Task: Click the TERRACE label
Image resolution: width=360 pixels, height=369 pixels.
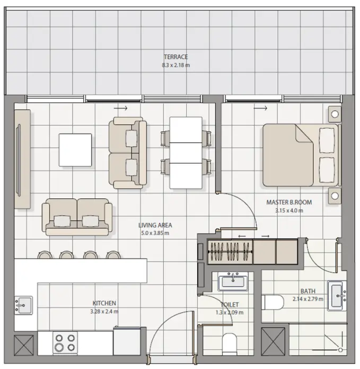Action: [x=175, y=57]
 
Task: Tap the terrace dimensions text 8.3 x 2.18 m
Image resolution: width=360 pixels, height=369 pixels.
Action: [x=175, y=65]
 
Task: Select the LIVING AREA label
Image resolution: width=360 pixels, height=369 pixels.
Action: [x=155, y=225]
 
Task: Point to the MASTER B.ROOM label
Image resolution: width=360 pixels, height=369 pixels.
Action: [x=289, y=203]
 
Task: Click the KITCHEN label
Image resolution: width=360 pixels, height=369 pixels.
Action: [x=104, y=303]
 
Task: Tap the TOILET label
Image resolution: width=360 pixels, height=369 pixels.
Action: [x=230, y=305]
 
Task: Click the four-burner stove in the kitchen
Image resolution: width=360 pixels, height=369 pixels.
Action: [x=65, y=342]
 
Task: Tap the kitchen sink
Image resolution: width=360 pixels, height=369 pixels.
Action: [x=23, y=305]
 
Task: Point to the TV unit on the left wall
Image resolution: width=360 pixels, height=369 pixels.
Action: [x=22, y=159]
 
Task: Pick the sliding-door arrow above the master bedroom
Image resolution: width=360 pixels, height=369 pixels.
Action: [x=260, y=109]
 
